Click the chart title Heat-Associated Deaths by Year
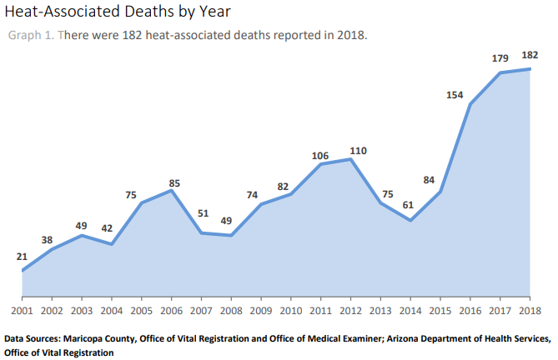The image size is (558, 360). point(118,12)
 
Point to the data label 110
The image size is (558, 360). point(358,151)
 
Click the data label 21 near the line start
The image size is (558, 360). point(22,257)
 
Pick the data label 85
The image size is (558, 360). point(173,182)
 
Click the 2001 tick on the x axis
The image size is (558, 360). point(22,311)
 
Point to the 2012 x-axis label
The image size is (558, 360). point(351,311)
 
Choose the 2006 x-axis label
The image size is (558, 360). point(172,311)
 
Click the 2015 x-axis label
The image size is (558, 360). point(440,311)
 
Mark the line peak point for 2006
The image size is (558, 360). point(172,190)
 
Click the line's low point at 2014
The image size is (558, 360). point(411,221)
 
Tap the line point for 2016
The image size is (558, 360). point(470,104)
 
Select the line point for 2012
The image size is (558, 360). point(351,158)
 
